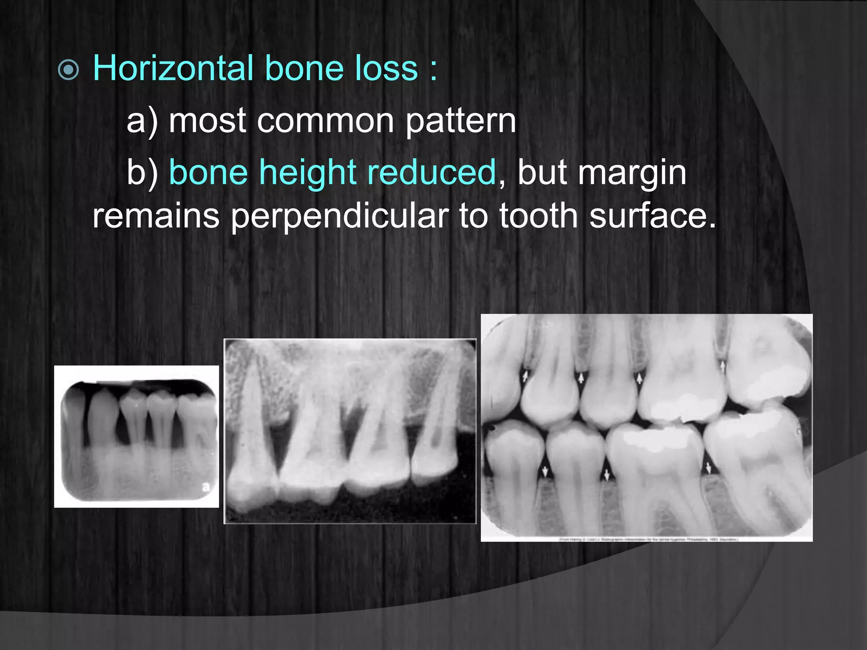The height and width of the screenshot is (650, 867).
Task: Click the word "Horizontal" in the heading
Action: (x=172, y=69)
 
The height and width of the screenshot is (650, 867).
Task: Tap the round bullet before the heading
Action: (x=69, y=70)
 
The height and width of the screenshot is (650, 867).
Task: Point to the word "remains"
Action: (x=156, y=216)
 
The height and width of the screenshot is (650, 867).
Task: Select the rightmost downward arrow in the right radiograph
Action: (x=709, y=468)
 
